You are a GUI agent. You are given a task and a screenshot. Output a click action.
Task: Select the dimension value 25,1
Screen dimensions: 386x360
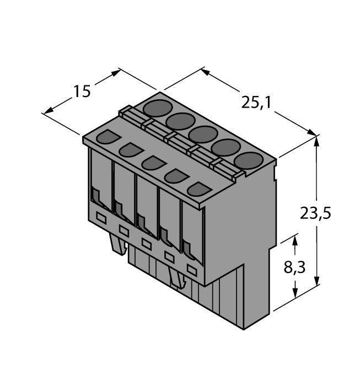click(255, 102)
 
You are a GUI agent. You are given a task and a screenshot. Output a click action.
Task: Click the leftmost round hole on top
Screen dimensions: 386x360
click(156, 108)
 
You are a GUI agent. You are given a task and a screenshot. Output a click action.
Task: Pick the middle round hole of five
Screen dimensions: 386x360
click(202, 134)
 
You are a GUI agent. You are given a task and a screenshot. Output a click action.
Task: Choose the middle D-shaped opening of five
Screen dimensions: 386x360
click(152, 163)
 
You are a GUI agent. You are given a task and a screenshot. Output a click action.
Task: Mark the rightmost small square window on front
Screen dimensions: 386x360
click(191, 270)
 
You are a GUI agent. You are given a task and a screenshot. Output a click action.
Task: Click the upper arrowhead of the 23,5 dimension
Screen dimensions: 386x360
click(316, 139)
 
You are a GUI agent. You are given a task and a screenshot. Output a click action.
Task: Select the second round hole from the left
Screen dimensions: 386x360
click(179, 121)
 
